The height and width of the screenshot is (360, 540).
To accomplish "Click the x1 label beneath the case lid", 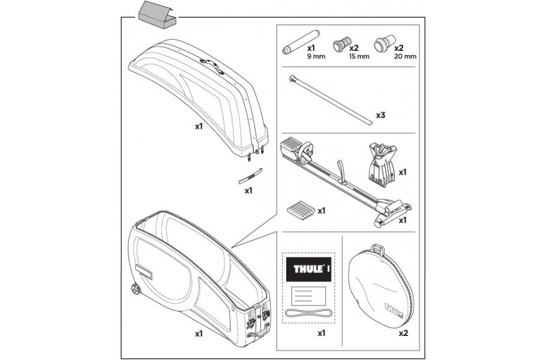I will (199, 127).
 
